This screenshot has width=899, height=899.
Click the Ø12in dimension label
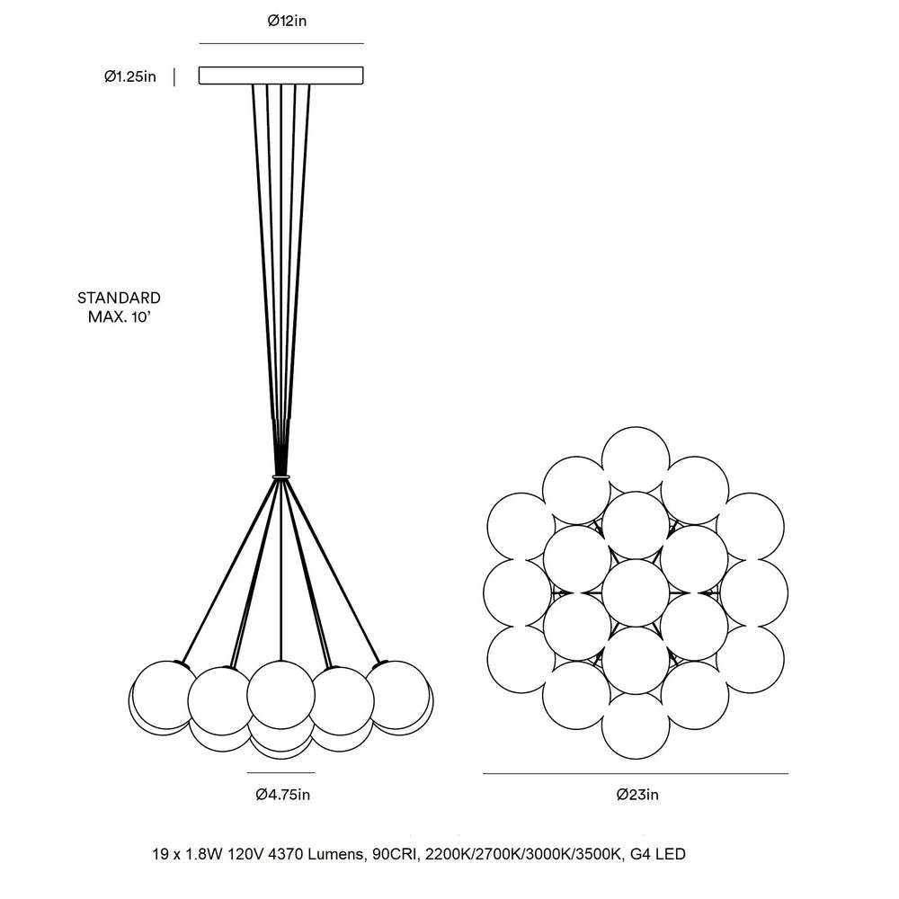click(x=288, y=22)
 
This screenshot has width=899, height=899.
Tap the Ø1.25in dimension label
click(x=130, y=76)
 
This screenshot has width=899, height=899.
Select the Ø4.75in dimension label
click(x=282, y=794)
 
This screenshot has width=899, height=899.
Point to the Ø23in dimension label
click(x=637, y=794)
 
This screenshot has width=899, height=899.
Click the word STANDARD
click(x=120, y=298)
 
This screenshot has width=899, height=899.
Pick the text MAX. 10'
click(x=119, y=316)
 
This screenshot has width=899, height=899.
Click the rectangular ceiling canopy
click(x=280, y=76)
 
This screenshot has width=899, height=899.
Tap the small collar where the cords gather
click(x=280, y=476)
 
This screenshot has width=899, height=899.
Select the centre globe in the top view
click(x=636, y=592)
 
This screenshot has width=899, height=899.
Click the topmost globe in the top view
click(x=636, y=460)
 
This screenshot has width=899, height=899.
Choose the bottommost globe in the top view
click(x=636, y=725)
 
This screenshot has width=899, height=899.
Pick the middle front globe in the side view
click(x=280, y=694)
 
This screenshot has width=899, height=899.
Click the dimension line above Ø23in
click(x=636, y=773)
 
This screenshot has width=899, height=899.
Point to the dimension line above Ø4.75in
click(x=280, y=772)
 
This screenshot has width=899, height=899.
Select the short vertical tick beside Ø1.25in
click(x=174, y=76)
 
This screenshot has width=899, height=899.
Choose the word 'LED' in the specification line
click(x=671, y=854)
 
